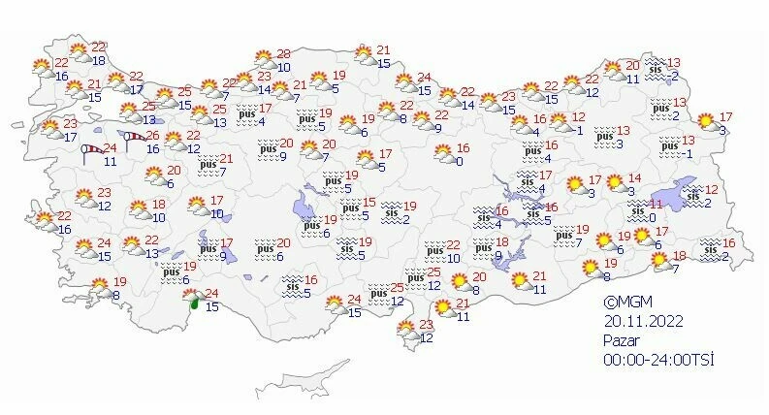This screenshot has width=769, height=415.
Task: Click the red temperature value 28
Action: [283, 54]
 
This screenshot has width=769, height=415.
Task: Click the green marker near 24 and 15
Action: [194, 303]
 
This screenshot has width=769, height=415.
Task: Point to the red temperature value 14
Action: [636, 178]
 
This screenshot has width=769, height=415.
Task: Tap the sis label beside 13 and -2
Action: [655, 69]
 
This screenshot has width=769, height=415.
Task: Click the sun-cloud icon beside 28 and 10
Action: [263, 60]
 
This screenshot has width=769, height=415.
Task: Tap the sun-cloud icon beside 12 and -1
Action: [560, 123]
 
